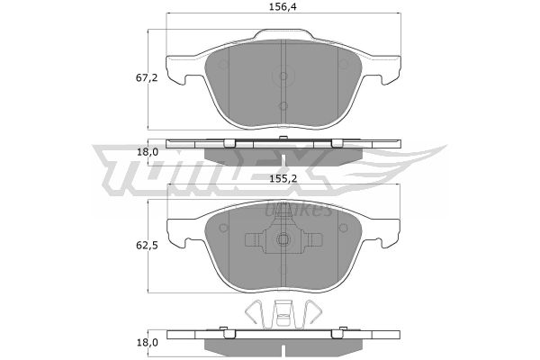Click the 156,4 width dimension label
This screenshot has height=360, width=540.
[x=283, y=7]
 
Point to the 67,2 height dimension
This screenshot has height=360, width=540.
[x=147, y=78]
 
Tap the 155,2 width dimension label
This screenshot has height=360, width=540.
[x=283, y=178]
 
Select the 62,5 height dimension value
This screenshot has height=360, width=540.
[x=147, y=246]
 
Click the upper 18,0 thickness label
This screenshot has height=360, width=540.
[x=148, y=152]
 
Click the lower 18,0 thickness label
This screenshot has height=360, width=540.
[x=148, y=342]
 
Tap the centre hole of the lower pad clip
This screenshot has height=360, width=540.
[x=283, y=238]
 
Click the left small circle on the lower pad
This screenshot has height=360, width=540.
[x=223, y=228]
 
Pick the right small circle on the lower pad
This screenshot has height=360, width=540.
[x=343, y=228]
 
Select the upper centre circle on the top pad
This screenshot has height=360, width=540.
[x=283, y=76]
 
